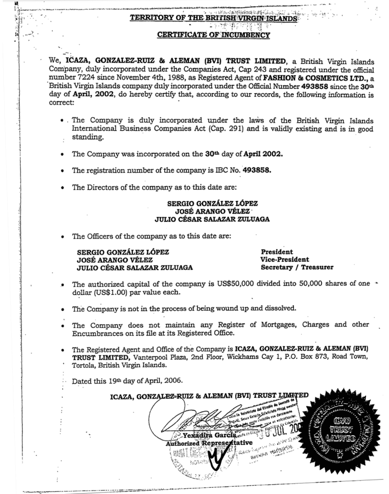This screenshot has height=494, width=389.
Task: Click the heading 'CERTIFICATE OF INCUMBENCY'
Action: [213, 35]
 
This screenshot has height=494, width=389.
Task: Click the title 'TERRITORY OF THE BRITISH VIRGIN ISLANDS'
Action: [214, 19]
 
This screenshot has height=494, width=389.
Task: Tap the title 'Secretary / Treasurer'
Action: [297, 268]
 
